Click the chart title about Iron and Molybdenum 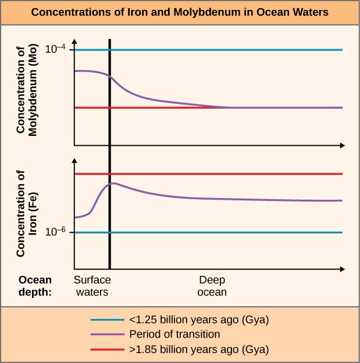(x=180, y=12)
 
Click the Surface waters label (x=92, y=286)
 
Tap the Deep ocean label (x=212, y=286)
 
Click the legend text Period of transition (x=174, y=335)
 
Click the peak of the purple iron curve (x=113, y=183)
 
